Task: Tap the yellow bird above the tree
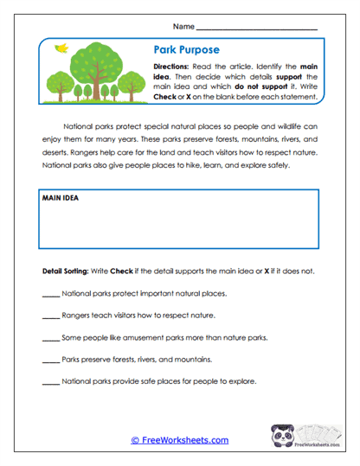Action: coord(60,49)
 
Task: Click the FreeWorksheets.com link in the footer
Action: coord(180,440)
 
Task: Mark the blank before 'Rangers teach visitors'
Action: coord(50,316)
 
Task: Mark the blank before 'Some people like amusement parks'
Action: coord(50,338)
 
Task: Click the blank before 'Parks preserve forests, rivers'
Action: coord(50,360)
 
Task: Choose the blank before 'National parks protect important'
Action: coord(50,295)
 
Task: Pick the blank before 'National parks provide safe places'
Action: coord(50,381)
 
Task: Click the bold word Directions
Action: coord(172,67)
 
